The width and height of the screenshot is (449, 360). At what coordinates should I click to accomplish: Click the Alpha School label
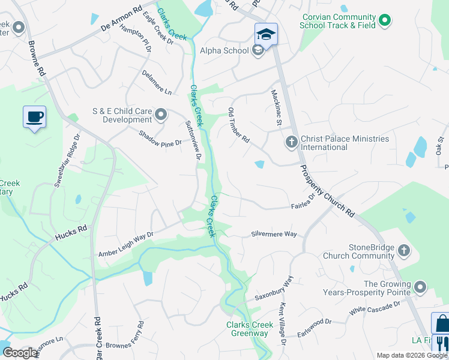(x=224, y=51)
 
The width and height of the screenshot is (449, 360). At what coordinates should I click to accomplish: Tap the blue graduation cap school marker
(x=266, y=34)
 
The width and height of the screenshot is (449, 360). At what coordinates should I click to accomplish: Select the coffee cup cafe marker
(x=34, y=116)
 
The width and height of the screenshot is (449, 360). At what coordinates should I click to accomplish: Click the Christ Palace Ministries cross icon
(x=291, y=142)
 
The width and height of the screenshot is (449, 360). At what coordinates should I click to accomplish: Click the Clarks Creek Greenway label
(x=250, y=329)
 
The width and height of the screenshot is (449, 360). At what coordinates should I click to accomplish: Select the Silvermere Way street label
(x=274, y=234)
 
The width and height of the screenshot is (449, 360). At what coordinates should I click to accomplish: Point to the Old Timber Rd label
(x=238, y=125)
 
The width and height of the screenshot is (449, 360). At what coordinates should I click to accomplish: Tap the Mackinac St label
(x=276, y=107)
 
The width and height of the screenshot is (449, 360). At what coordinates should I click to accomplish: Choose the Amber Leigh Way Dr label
(x=126, y=245)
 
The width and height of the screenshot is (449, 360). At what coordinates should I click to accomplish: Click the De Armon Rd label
(x=121, y=19)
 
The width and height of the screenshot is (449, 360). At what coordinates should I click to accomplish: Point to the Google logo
(x=20, y=352)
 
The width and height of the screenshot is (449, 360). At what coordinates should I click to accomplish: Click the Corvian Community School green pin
(x=384, y=21)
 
